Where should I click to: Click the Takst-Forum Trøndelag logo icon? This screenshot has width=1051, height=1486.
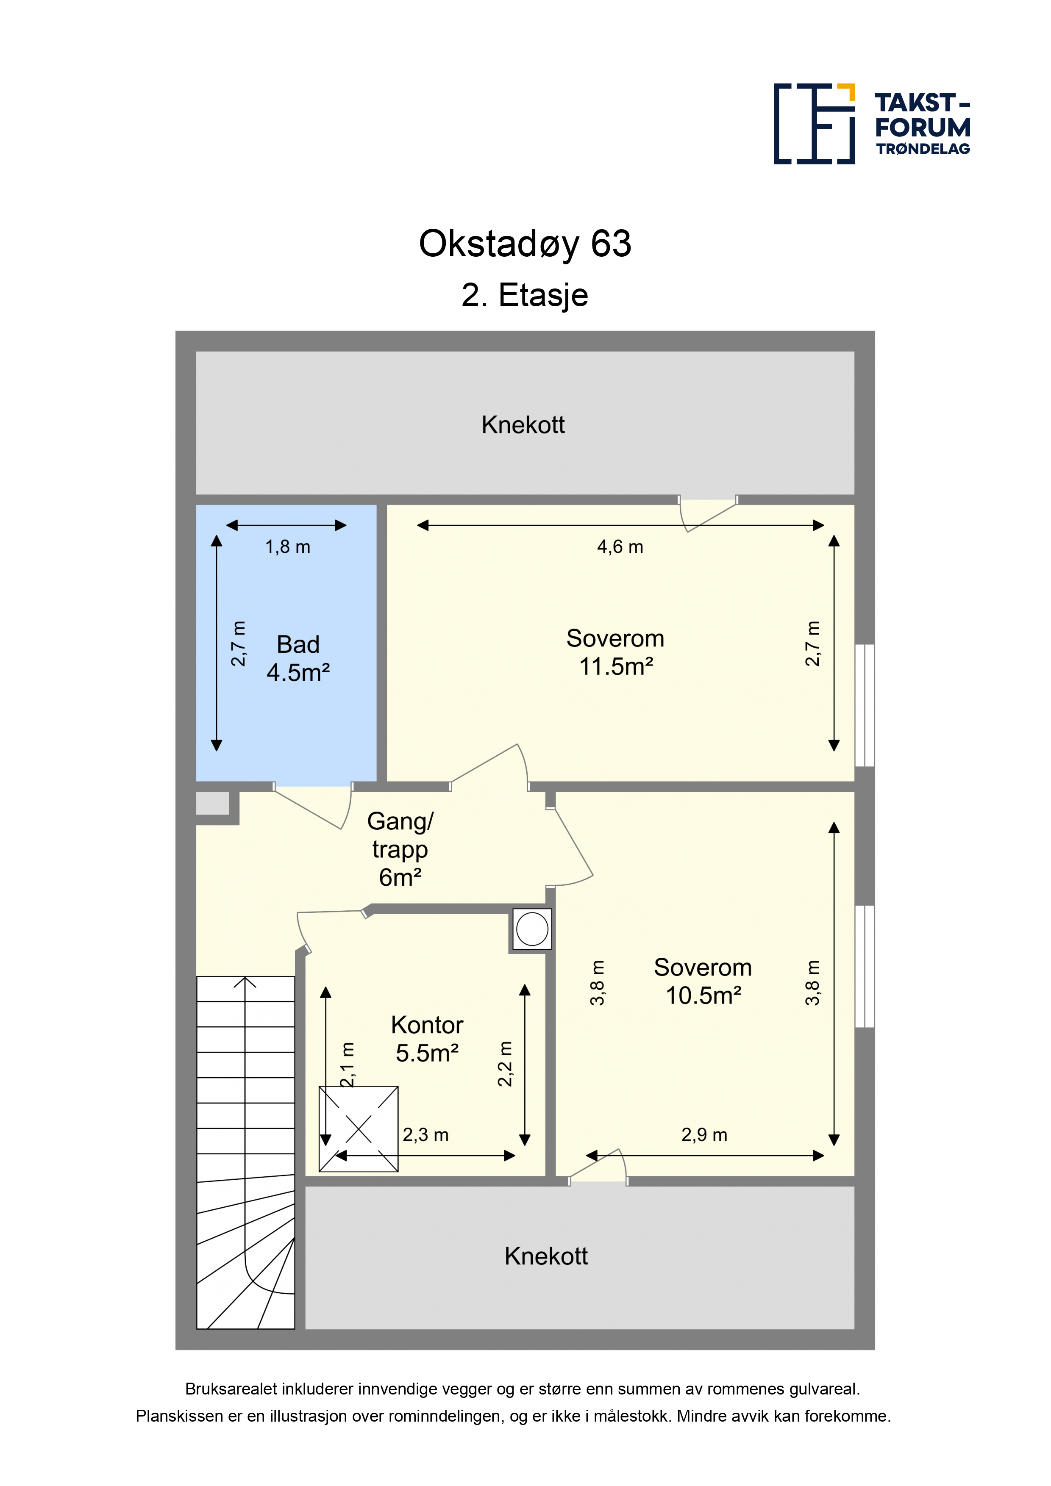(814, 124)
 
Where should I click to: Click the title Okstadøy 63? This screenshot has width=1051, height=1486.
(525, 244)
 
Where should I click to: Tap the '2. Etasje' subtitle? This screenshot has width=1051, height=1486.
(525, 295)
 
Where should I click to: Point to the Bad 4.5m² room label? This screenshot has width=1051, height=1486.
(298, 658)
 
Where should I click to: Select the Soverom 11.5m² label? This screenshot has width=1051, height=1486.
(615, 652)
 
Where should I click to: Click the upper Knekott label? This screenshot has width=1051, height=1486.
(523, 425)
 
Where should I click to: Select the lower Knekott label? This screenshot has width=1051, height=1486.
(546, 1256)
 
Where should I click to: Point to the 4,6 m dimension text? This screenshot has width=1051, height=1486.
(620, 547)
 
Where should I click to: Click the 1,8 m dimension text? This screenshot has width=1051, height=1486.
(287, 547)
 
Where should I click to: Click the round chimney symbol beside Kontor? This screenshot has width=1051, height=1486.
(532, 929)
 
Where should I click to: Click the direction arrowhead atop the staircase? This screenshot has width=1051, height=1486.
(245, 982)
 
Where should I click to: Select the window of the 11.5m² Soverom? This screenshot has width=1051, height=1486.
(865, 705)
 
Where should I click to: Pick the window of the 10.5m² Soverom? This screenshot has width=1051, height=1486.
(865, 966)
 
